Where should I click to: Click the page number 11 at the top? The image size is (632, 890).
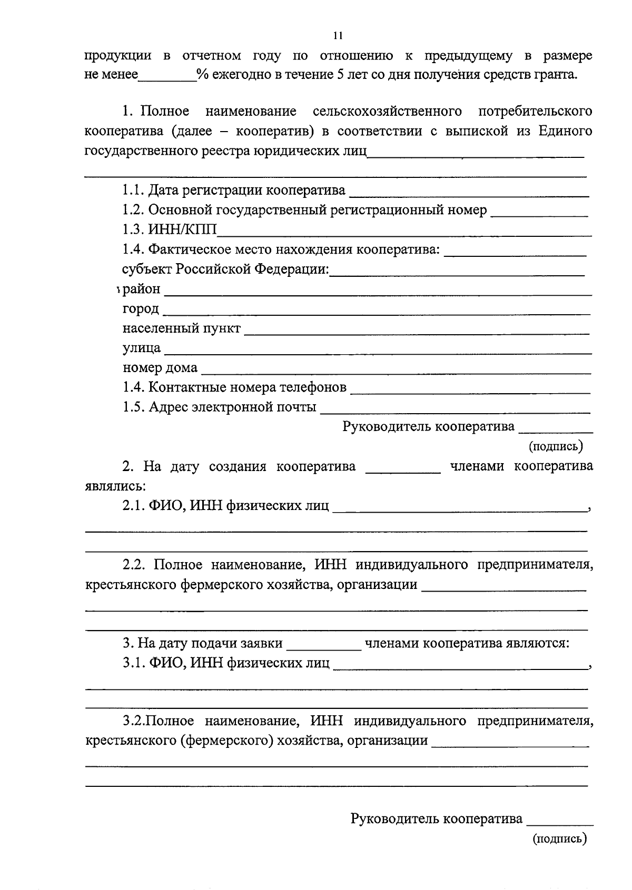pos(338,36)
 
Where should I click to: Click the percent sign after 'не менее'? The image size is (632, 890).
pos(200,75)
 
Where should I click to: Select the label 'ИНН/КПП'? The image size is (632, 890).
pos(182,229)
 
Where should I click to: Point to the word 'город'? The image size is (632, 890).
pos(141,309)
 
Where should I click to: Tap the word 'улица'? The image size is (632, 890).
pos(142,348)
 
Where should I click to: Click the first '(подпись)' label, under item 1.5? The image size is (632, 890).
pos(556,446)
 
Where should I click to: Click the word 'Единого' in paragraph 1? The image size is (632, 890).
pos(565,131)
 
